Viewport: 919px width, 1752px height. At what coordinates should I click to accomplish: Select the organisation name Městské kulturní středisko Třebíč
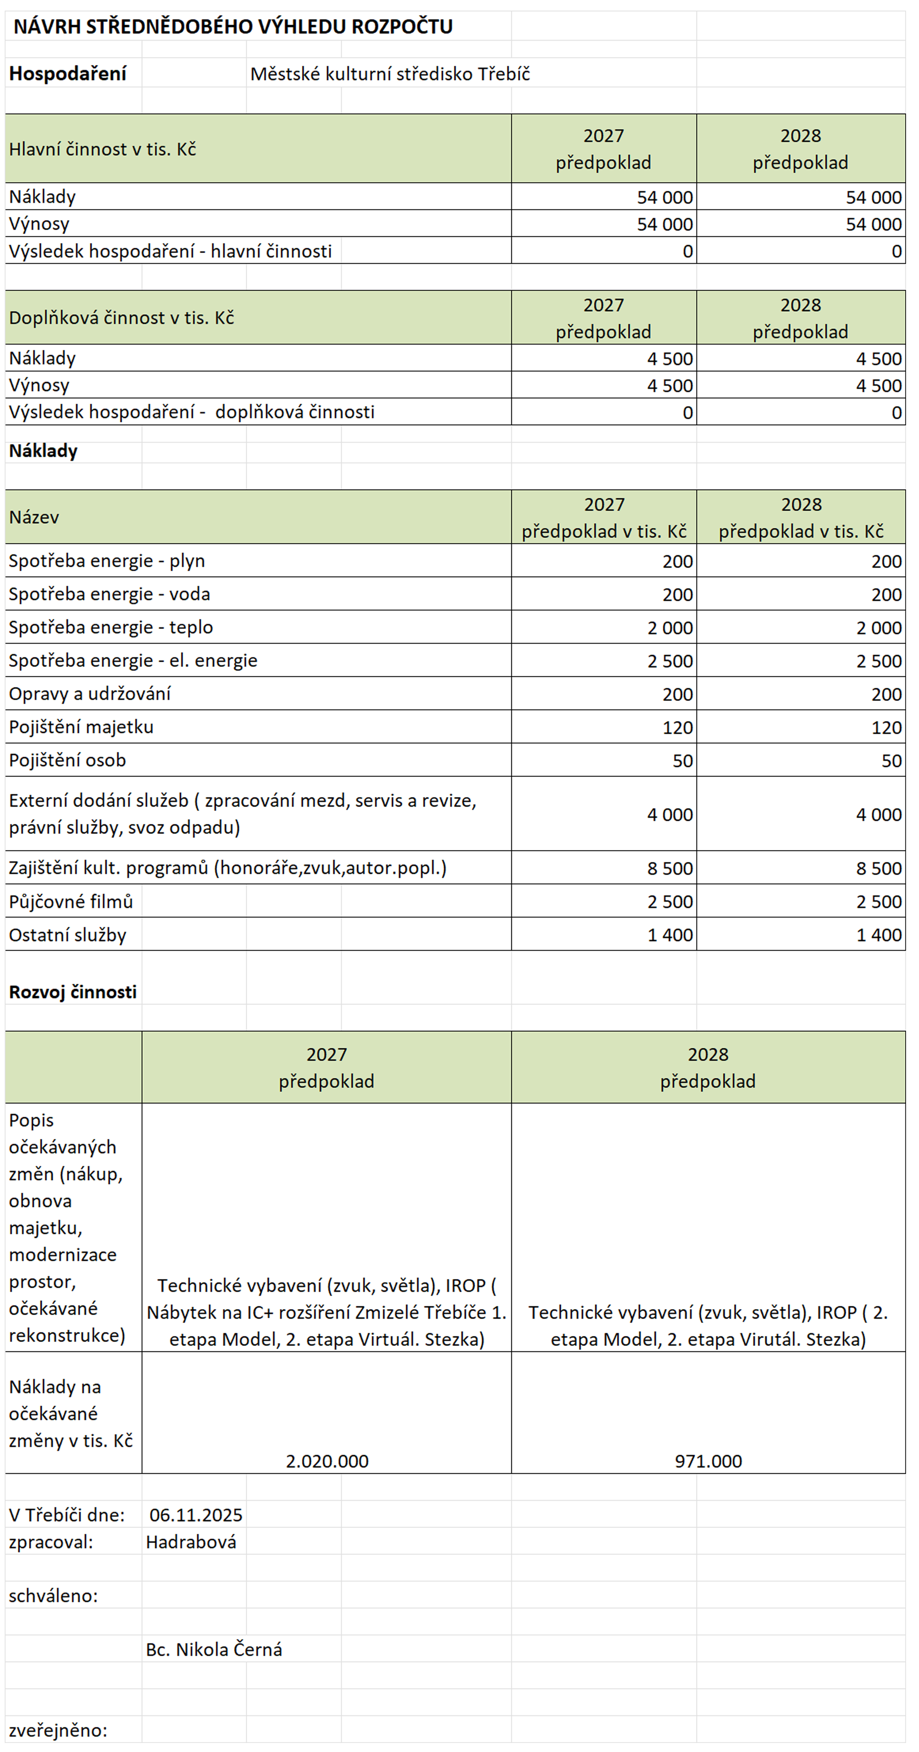click(x=390, y=74)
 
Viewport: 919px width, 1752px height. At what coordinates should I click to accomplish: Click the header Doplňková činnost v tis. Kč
click(x=121, y=318)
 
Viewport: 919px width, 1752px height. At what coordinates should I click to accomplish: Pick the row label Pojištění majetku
click(x=81, y=727)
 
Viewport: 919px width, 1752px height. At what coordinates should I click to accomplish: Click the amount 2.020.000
click(x=327, y=1461)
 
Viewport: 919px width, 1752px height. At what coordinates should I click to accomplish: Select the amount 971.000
click(x=708, y=1461)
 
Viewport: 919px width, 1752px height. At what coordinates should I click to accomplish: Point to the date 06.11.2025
click(x=196, y=1515)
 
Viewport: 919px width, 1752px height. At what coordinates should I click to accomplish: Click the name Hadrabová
click(x=191, y=1542)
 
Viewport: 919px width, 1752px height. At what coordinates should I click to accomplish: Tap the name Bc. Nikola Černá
click(x=214, y=1649)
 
